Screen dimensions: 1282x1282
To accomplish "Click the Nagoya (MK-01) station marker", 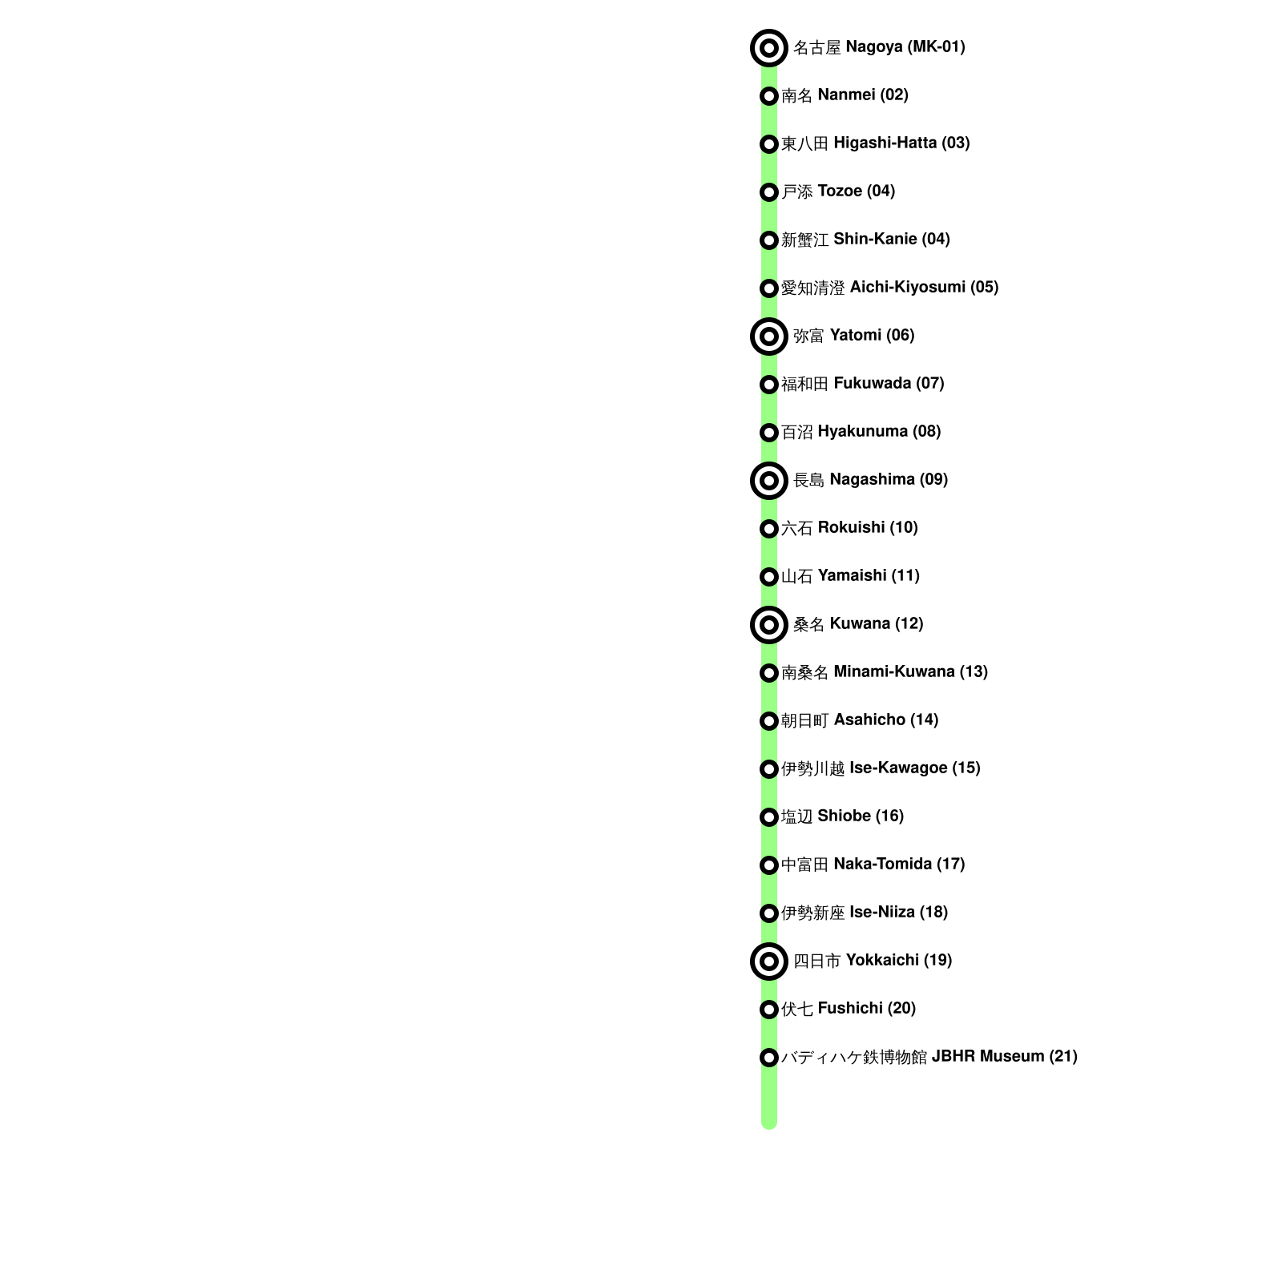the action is pyautogui.click(x=768, y=48).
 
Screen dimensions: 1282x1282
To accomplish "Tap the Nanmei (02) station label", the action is pyautogui.click(x=845, y=95).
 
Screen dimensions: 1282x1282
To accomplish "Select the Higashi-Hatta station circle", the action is pyautogui.click(x=768, y=144).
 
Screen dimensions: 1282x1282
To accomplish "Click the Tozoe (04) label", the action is pyautogui.click(x=838, y=191).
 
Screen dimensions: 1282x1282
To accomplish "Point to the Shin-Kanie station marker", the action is pyautogui.click(x=768, y=240).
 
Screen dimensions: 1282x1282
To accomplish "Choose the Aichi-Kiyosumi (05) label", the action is pyautogui.click(x=889, y=288).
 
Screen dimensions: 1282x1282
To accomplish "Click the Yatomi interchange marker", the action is pyautogui.click(x=768, y=337).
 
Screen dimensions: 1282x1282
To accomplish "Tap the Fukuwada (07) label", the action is pyautogui.click(x=862, y=384).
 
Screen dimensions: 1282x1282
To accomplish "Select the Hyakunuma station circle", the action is pyautogui.click(x=768, y=433).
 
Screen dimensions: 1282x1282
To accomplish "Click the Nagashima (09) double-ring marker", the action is pyautogui.click(x=768, y=481).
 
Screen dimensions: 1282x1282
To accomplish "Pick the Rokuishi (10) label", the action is pyautogui.click(x=849, y=528).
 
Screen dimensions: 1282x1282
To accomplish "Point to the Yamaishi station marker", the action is pyautogui.click(x=768, y=577).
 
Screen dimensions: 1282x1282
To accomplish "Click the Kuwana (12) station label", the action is pyautogui.click(x=857, y=624).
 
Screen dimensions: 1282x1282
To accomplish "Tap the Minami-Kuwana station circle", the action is pyautogui.click(x=768, y=673).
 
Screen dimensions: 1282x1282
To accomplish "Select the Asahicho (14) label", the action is pyautogui.click(x=859, y=720).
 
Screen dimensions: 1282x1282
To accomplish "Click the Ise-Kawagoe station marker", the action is pyautogui.click(x=768, y=769).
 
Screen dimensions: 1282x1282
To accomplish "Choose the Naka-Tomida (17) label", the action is pyautogui.click(x=873, y=865).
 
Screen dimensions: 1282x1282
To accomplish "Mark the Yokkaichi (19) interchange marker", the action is pyautogui.click(x=768, y=961).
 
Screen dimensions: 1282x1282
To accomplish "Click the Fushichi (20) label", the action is pyautogui.click(x=848, y=1009).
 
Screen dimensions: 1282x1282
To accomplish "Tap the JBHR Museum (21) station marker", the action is pyautogui.click(x=768, y=1058).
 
